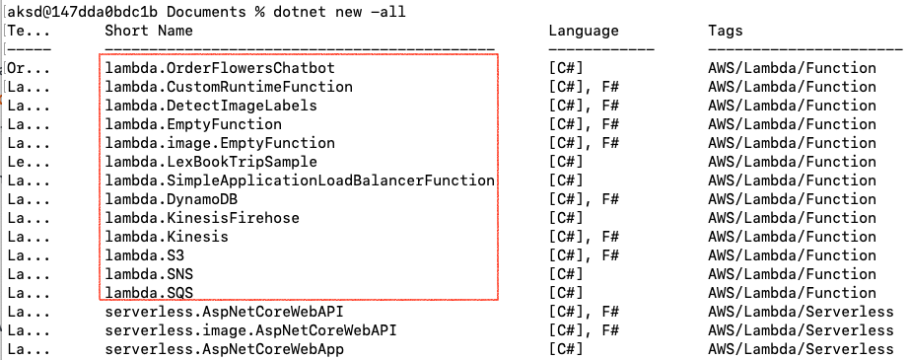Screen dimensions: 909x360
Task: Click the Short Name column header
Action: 151,31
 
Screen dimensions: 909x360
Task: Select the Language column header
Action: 584,31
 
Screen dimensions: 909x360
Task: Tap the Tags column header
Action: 726,31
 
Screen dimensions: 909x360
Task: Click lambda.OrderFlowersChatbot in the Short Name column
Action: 220,68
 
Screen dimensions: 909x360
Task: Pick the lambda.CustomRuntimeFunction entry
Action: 229,87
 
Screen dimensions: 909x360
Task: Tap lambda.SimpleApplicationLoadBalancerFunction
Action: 299,180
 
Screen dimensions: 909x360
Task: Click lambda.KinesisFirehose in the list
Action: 202,218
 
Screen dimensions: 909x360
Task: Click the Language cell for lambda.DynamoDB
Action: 584,199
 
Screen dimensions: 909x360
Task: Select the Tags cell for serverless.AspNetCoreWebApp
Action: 801,349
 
